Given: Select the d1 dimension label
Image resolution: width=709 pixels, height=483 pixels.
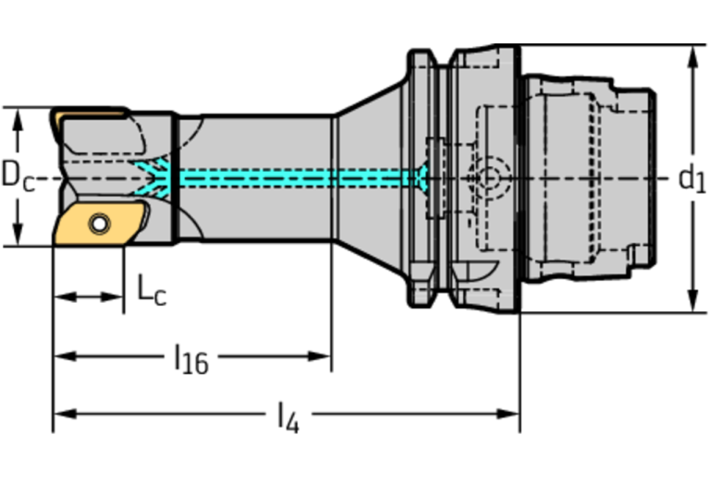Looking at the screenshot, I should point(691,177).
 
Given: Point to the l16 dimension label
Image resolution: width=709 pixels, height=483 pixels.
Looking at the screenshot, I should point(191,358).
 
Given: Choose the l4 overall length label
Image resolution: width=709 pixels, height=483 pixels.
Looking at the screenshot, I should point(288,418).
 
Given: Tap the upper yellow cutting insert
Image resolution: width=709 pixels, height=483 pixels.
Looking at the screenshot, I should point(88,116).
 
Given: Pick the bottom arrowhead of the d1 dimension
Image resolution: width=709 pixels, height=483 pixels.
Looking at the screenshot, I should point(692,304).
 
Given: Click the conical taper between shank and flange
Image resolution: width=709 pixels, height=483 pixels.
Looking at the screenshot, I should point(370,175).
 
